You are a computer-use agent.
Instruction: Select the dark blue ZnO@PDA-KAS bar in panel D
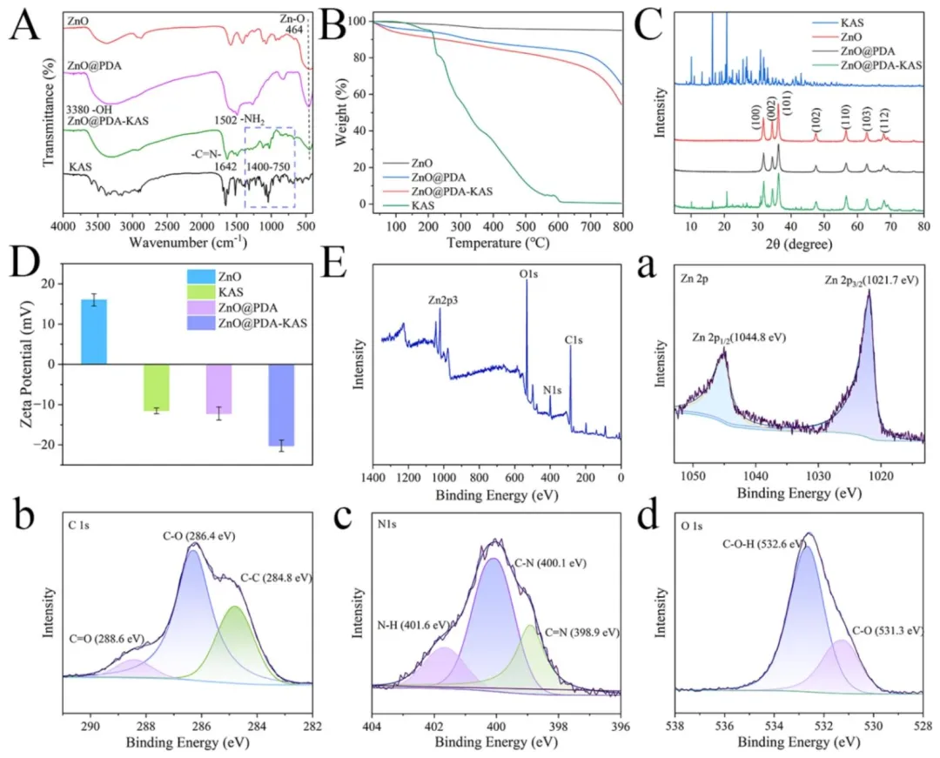[282, 405]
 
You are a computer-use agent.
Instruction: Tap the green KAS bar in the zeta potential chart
[157, 387]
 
